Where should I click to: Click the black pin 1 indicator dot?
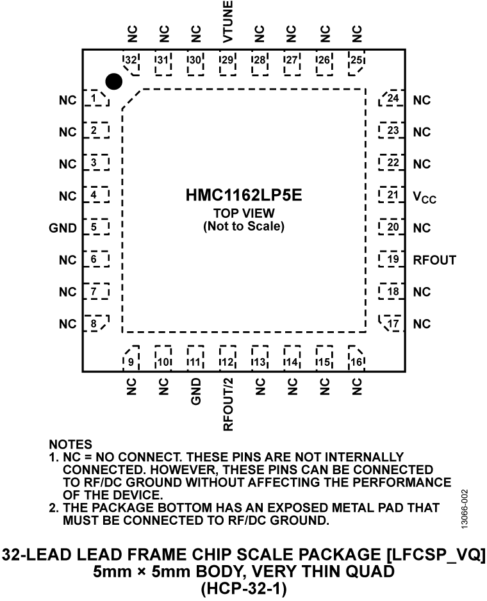[113, 81]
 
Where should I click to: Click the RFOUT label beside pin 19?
[434, 260]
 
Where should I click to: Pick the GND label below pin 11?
[195, 391]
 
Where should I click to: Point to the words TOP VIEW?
[244, 214]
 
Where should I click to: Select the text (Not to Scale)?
[244, 226]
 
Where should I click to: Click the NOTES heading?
[70, 443]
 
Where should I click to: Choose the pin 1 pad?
[95, 99]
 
